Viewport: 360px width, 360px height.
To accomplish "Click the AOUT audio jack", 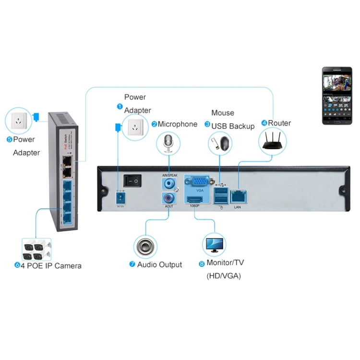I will (169, 198).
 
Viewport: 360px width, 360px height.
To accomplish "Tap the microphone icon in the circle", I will (168, 143).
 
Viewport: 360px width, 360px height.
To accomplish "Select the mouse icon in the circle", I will (220, 143).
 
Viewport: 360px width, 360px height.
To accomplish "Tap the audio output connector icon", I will (146, 246).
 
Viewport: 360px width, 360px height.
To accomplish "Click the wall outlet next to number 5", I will (18, 120).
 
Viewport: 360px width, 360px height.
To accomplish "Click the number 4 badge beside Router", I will (264, 123).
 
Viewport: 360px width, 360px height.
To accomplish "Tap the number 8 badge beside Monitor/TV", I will (202, 264).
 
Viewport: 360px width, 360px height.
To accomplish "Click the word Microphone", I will (178, 124).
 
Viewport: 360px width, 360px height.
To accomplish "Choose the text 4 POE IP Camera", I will (50, 265).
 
